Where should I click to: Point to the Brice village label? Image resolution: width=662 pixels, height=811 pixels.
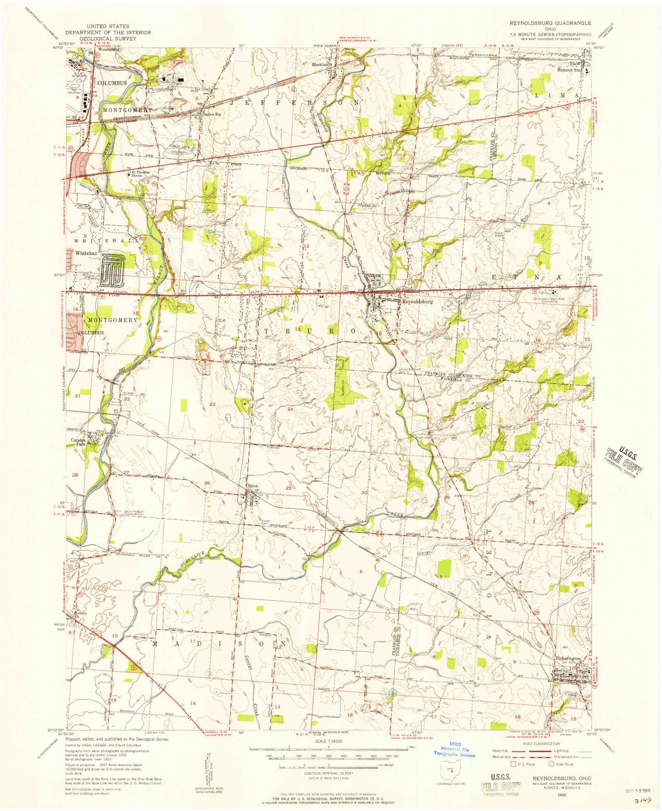pos(254,486)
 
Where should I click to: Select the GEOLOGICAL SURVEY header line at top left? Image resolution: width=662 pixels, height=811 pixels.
pos(108,39)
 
